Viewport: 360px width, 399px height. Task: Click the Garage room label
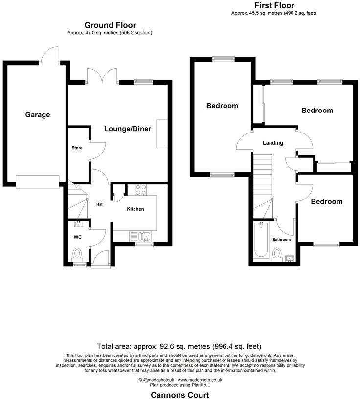[38, 115]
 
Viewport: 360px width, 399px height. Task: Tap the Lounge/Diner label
[128, 129]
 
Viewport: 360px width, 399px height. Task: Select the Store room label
[77, 148]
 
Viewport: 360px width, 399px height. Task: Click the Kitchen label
[135, 209]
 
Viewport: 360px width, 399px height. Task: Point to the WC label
[77, 237]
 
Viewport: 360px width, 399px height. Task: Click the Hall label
[100, 204]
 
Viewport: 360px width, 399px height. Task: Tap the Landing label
[273, 143]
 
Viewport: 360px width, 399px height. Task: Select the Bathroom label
[281, 240]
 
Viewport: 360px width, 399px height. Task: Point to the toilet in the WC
[77, 254]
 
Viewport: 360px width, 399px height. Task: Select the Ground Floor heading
[110, 25]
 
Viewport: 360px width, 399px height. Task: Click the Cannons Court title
[180, 395]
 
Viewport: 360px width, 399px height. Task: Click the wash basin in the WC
[79, 224]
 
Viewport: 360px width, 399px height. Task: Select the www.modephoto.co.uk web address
[200, 380]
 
